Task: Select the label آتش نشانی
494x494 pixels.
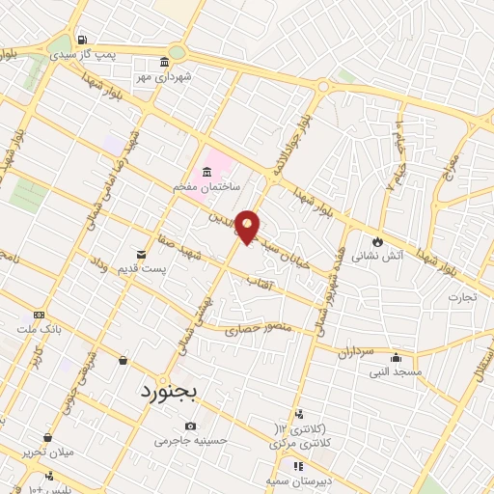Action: pos(370,257)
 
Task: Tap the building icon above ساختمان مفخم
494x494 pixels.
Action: pos(206,171)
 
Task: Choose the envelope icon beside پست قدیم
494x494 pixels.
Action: pos(142,255)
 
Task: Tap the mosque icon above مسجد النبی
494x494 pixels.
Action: pos(396,358)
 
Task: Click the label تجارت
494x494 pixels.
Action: pos(462,297)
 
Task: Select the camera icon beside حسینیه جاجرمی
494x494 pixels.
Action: pos(190,425)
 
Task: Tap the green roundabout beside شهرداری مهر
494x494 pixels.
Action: pos(177,53)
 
